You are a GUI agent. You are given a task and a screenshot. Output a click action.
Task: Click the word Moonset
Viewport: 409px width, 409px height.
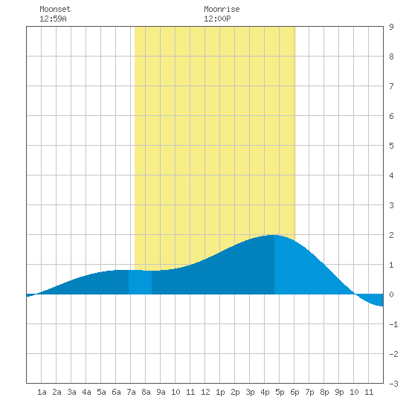click(55, 9)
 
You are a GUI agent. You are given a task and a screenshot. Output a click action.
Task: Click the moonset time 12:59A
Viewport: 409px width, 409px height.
click(53, 19)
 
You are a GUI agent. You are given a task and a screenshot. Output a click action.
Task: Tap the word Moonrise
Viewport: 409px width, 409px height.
click(222, 9)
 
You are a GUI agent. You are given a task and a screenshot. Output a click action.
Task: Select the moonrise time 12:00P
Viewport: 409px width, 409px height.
click(217, 19)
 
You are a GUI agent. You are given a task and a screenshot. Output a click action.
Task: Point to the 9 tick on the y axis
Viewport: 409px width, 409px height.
click(391, 27)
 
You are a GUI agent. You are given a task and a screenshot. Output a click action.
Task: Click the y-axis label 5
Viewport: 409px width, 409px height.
click(391, 146)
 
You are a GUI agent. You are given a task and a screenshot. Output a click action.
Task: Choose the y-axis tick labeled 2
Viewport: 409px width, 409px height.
click(391, 235)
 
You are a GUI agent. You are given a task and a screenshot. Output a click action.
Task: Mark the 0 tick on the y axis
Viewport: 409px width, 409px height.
click(391, 294)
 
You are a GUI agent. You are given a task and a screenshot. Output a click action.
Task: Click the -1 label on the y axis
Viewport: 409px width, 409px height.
click(393, 324)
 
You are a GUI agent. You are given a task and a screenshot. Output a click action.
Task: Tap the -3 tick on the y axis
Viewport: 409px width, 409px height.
click(393, 384)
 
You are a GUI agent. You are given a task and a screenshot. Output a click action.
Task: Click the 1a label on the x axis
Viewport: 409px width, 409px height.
click(42, 392)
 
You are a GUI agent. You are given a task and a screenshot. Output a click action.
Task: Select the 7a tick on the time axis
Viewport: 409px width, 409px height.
click(131, 392)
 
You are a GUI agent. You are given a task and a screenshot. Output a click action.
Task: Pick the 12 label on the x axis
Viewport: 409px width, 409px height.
click(205, 392)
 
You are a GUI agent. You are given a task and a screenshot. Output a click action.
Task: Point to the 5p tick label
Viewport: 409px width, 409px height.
click(280, 392)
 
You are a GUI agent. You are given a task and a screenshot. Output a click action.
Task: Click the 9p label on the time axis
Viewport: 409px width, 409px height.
click(339, 392)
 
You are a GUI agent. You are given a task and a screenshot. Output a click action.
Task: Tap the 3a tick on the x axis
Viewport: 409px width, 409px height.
click(71, 392)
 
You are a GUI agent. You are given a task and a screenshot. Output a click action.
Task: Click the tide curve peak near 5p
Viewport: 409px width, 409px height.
click(273, 235)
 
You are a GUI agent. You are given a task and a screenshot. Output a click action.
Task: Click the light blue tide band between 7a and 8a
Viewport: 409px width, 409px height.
click(140, 283)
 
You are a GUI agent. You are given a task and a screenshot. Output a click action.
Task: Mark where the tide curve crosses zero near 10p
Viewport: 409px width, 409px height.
click(355, 294)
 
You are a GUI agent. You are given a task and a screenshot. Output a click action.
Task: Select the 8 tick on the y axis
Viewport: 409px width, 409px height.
click(391, 57)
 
